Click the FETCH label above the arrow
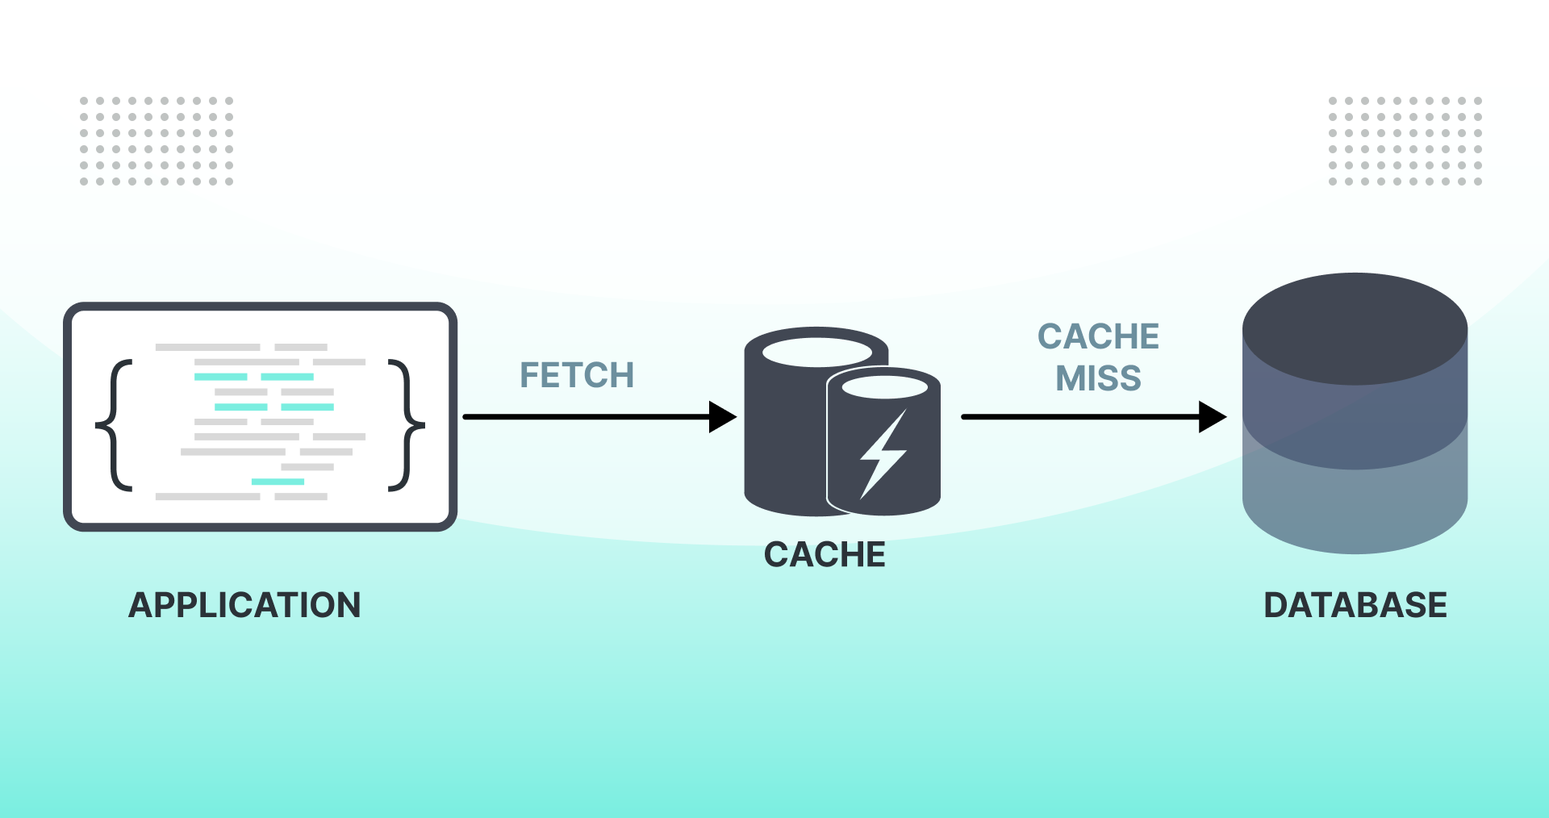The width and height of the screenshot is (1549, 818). tap(576, 375)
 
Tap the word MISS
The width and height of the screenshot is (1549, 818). tap(1098, 378)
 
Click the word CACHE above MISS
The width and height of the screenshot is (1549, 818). tap(1098, 336)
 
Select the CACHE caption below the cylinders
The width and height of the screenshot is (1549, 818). tap(825, 555)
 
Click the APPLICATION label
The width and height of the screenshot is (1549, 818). tap(244, 605)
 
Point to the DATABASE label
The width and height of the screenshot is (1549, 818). tap(1355, 605)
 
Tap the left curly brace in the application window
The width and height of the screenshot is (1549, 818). tap(115, 425)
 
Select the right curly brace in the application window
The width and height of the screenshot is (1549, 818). tap(406, 425)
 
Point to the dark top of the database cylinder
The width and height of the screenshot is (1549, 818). tap(1355, 327)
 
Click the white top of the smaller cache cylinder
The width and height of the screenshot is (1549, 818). tap(884, 387)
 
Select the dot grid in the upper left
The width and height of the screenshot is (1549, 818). tap(157, 141)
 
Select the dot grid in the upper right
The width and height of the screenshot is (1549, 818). tap(1405, 141)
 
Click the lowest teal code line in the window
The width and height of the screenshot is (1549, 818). tap(278, 482)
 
